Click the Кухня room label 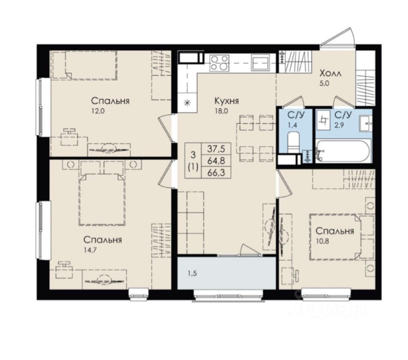(x=226, y=101)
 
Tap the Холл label (x=331, y=74)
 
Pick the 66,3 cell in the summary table (x=216, y=173)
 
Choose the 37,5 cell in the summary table (x=216, y=149)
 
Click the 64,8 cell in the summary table (x=216, y=161)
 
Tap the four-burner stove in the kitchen (x=220, y=63)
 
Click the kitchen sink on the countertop (x=261, y=63)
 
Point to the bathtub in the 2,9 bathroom (x=343, y=152)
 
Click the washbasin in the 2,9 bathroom (x=366, y=123)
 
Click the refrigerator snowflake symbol (x=186, y=103)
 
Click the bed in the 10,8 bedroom (x=335, y=237)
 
